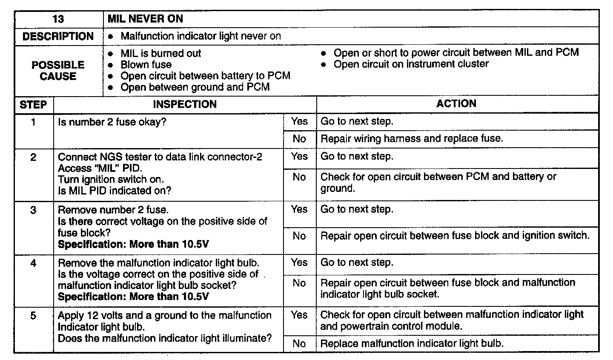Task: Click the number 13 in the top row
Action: coord(58,19)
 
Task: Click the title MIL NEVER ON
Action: coord(145,19)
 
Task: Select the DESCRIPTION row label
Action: coord(58,37)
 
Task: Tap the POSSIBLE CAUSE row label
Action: coord(58,71)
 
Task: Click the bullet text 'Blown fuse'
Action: coord(146,65)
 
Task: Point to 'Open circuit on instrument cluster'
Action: coord(411,64)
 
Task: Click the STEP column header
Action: coord(33,105)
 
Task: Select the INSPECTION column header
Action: coord(185,104)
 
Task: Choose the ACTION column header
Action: coord(456,104)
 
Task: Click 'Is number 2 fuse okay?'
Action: coord(112,123)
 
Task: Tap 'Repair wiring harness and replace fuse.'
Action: coord(412,139)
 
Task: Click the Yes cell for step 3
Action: coord(299,209)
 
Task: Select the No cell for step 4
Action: coord(299,283)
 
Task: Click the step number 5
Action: coord(33,316)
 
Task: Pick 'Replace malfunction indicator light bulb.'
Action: coord(412,343)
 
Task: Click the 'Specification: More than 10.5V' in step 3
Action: coord(133,244)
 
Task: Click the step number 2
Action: coord(33,157)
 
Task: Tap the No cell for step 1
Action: coord(299,139)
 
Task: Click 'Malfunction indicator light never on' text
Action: coord(201,36)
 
